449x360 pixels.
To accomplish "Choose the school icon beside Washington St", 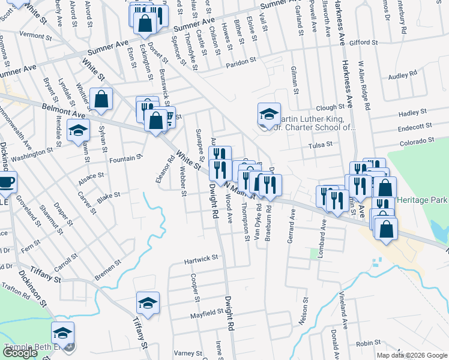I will (78, 131).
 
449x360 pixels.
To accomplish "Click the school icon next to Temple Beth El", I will (63, 333).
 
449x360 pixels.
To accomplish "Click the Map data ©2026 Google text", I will (412, 355).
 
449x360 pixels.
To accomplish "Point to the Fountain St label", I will (125, 158).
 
